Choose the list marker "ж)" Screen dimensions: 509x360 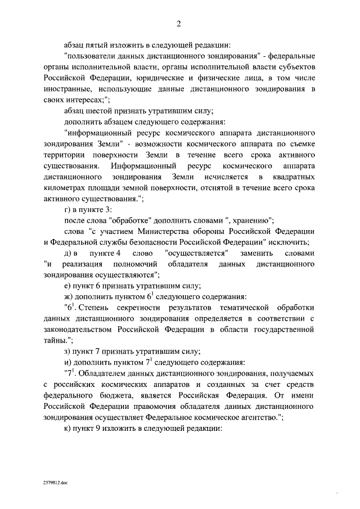pyautogui.click(x=70, y=297)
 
